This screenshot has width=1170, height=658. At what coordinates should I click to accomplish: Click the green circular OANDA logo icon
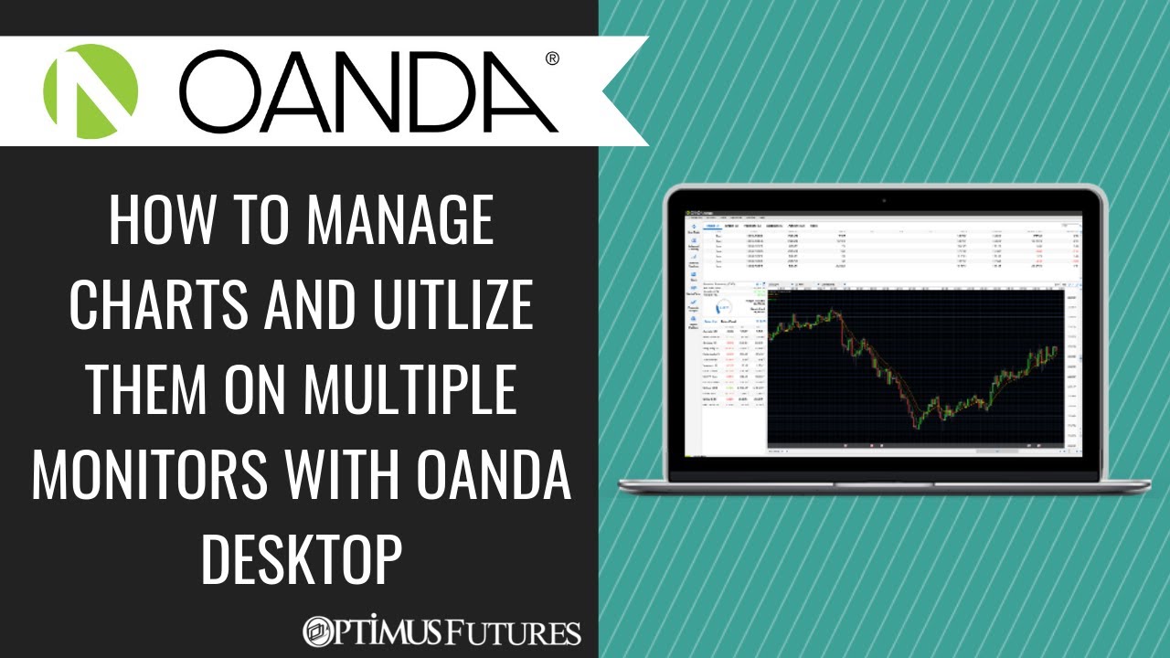[x=90, y=90]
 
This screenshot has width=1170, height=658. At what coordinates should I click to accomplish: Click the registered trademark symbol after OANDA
[x=552, y=59]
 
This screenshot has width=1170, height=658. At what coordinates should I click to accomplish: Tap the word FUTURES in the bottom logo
[x=526, y=632]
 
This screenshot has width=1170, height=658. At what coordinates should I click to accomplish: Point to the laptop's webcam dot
[x=884, y=199]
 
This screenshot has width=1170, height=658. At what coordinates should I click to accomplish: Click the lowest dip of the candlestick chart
[x=916, y=422]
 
